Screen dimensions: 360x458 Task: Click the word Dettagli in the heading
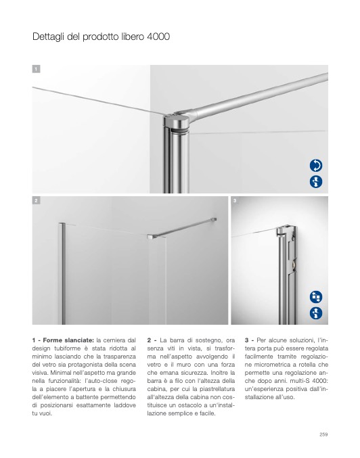coord(48,37)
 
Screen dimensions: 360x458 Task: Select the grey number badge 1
coord(36,69)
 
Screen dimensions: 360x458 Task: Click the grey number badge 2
coord(36,200)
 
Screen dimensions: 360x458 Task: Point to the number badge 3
coord(235,200)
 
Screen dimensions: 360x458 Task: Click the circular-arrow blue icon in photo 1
coord(316,165)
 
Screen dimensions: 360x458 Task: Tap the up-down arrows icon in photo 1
coord(316,182)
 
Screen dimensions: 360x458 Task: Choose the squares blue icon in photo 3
coord(316,297)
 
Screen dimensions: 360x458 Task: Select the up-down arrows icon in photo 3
coord(316,313)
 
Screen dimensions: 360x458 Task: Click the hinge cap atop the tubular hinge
coord(177,120)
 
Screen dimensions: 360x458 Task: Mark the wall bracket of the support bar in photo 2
coord(215,219)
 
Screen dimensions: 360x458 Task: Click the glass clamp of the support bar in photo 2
coord(152,236)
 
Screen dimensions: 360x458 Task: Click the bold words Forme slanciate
coord(68,340)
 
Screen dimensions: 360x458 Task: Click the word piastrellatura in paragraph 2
coord(217,389)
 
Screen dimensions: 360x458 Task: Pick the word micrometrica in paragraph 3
coord(272,365)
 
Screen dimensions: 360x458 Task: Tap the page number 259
coord(323,434)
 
